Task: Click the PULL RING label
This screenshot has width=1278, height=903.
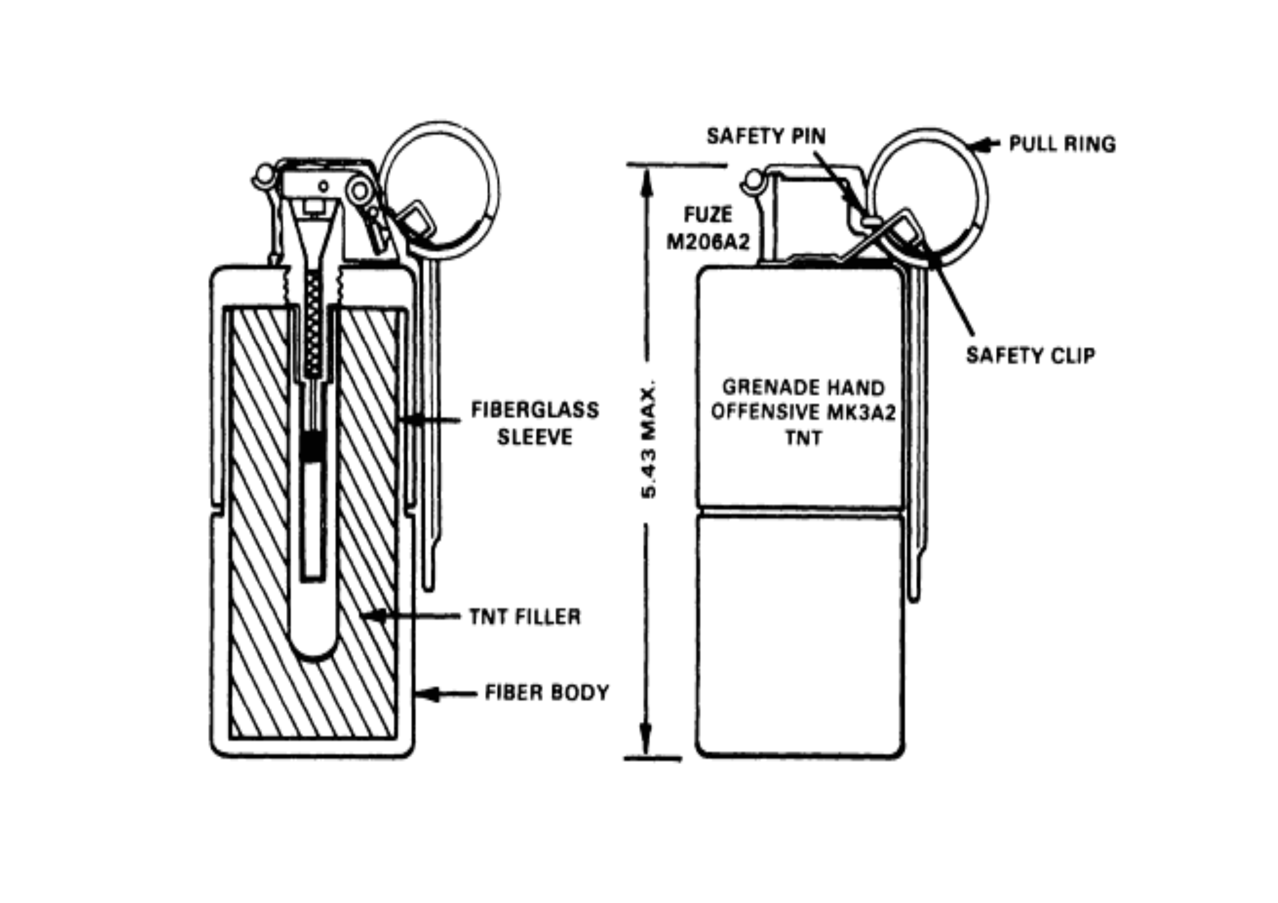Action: point(1062,144)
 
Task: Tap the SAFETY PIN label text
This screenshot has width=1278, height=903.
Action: point(766,136)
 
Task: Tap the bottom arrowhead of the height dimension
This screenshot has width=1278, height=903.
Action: point(645,740)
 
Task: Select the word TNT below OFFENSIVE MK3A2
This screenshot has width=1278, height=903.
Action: point(803,438)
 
